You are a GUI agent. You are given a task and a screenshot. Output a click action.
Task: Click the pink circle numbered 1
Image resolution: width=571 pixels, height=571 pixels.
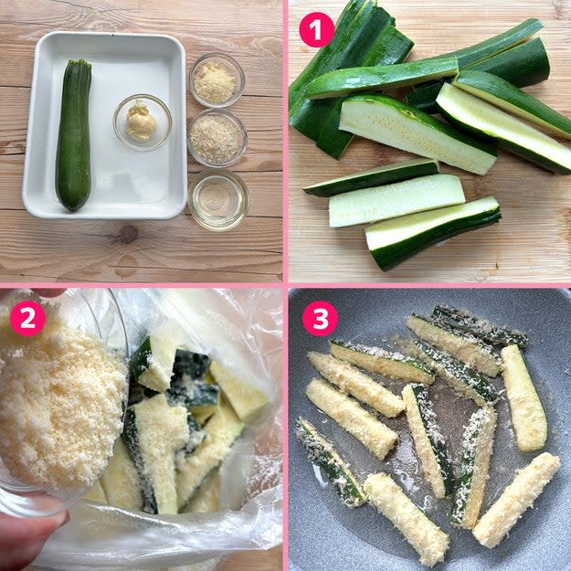coord(316,29)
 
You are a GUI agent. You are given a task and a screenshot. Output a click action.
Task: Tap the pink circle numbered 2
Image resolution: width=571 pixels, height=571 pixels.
coord(27,318)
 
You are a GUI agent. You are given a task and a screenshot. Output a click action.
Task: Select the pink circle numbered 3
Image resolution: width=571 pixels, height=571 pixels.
coord(320,318)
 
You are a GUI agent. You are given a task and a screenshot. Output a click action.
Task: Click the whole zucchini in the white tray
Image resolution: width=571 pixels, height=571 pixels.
coord(74,135)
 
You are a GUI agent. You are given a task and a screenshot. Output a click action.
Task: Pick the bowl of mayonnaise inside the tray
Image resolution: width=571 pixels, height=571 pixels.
coord(142,122)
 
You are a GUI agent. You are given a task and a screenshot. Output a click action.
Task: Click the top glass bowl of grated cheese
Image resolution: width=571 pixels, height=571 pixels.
coord(217,80)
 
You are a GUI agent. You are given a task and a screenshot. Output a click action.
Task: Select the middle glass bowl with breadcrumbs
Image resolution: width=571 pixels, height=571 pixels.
coord(217,138)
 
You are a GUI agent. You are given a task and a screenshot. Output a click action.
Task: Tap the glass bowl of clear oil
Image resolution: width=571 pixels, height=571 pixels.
coord(218,200)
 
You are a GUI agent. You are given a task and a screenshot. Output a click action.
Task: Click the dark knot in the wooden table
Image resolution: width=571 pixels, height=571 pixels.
coord(128,234)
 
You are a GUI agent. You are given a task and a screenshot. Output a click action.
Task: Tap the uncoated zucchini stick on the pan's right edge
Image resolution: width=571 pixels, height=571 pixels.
coord(523,397)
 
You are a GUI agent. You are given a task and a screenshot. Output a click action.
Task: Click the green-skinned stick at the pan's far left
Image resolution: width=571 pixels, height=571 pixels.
coord(330,461)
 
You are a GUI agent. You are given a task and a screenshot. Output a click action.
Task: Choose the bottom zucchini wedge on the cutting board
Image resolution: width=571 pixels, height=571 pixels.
coord(433,233)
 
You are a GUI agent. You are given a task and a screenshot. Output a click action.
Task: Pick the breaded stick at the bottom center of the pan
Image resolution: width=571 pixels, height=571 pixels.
coord(406,518)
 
